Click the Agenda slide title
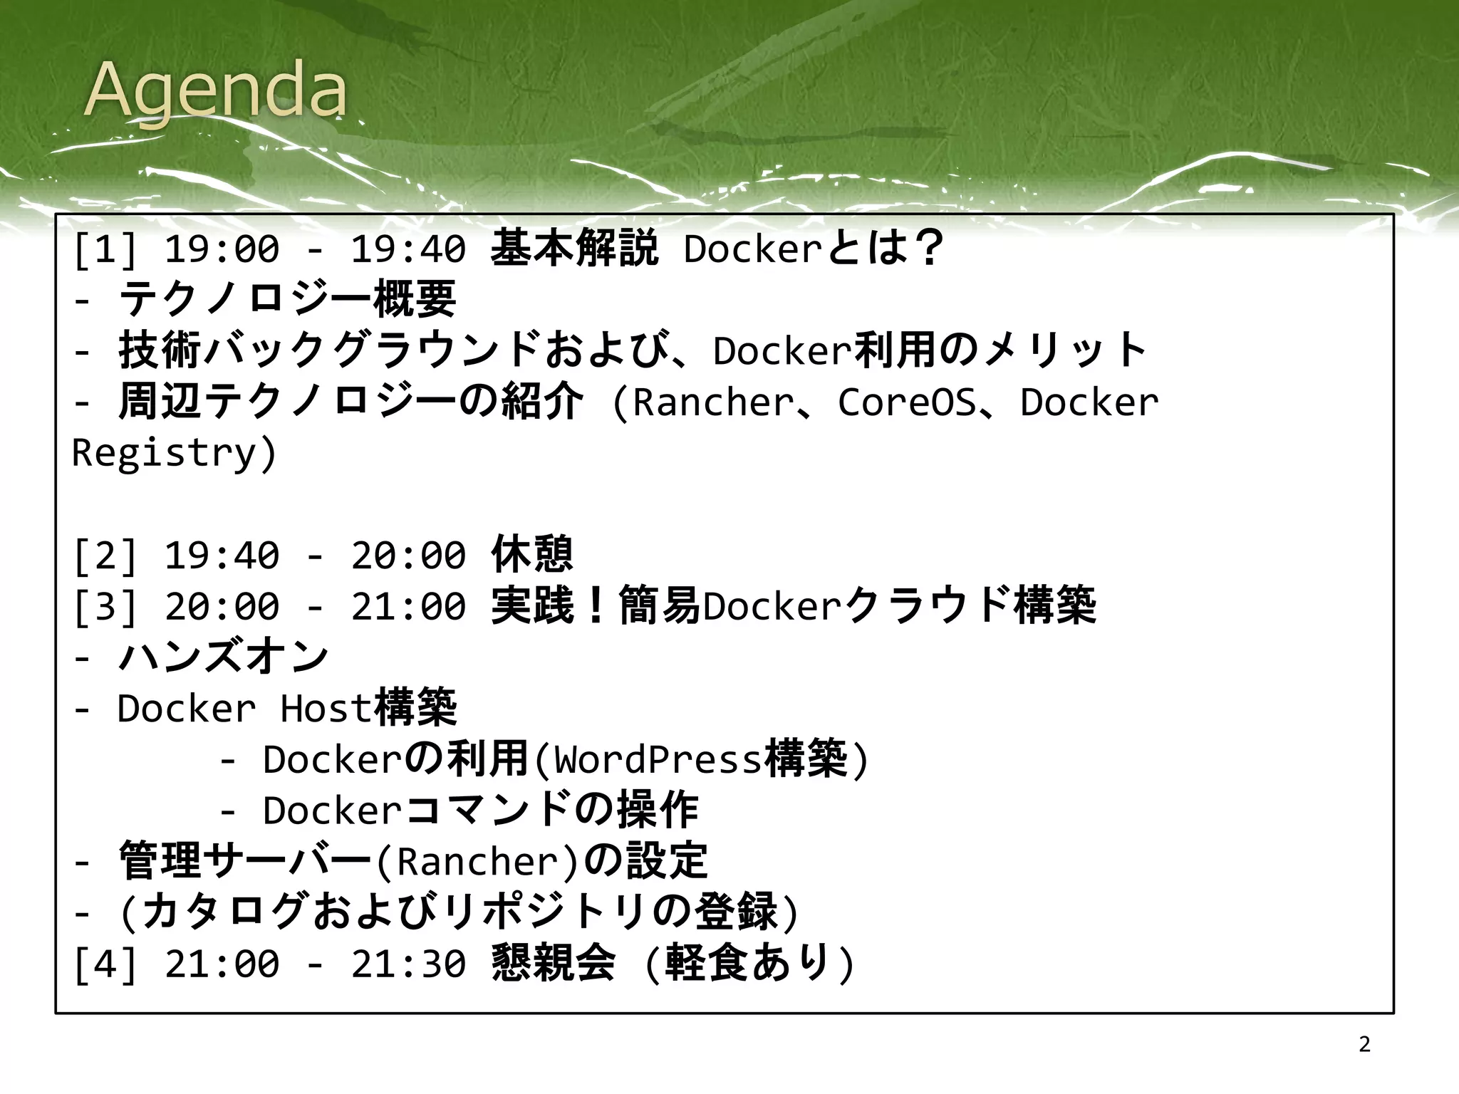click(215, 91)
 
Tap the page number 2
click(1364, 1044)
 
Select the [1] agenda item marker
click(105, 249)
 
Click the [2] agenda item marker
click(105, 556)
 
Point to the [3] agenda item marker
click(105, 607)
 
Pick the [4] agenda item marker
click(105, 964)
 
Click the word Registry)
click(174, 453)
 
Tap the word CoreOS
click(906, 402)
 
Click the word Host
click(326, 708)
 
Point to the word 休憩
click(531, 555)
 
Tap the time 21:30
click(408, 964)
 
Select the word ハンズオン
click(223, 657)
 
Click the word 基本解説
click(574, 249)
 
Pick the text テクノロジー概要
click(286, 299)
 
